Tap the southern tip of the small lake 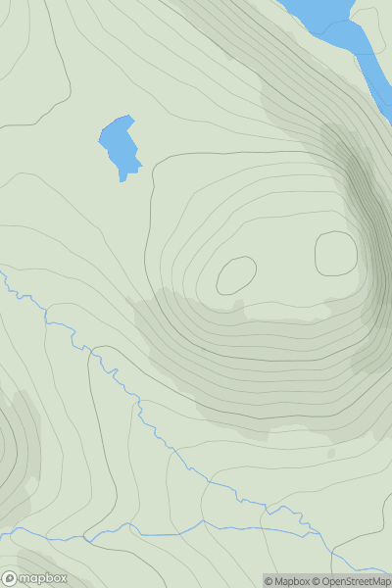click(x=122, y=179)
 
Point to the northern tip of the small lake click(x=128, y=118)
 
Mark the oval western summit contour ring click(x=236, y=275)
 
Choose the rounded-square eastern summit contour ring click(x=335, y=253)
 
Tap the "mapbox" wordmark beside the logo click(x=44, y=577)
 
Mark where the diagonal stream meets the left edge click(x=2, y=277)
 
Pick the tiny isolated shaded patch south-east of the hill click(x=331, y=454)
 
